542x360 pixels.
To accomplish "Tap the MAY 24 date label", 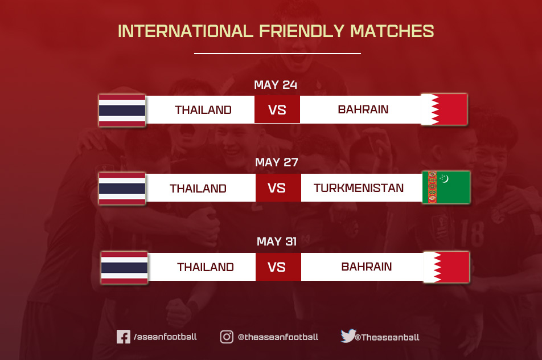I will click(x=276, y=85).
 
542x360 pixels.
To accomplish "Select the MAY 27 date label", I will click(x=277, y=162).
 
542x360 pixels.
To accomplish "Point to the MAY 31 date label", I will click(x=277, y=242).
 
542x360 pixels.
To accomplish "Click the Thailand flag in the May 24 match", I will click(x=122, y=111).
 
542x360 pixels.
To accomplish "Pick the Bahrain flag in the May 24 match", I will click(x=444, y=109).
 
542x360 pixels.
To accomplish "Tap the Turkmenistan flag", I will click(x=446, y=187).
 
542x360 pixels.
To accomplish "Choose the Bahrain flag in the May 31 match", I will click(x=446, y=267).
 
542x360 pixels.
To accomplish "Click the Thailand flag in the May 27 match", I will click(x=122, y=189).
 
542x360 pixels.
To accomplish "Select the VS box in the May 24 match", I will click(x=277, y=109).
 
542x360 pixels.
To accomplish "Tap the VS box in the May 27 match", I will click(x=277, y=188).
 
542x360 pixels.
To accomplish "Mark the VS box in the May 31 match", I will click(x=277, y=267).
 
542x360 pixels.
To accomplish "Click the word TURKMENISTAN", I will click(x=359, y=188).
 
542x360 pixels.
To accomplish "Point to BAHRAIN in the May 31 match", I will click(x=367, y=267).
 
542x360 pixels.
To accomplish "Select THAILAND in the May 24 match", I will click(x=203, y=110).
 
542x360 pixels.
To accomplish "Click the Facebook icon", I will click(x=123, y=337).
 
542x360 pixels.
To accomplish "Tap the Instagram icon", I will click(x=227, y=337).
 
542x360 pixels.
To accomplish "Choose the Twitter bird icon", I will click(x=348, y=336).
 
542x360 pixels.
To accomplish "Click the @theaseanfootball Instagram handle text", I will click(x=278, y=337).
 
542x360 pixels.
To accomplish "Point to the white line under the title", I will click(x=277, y=54).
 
